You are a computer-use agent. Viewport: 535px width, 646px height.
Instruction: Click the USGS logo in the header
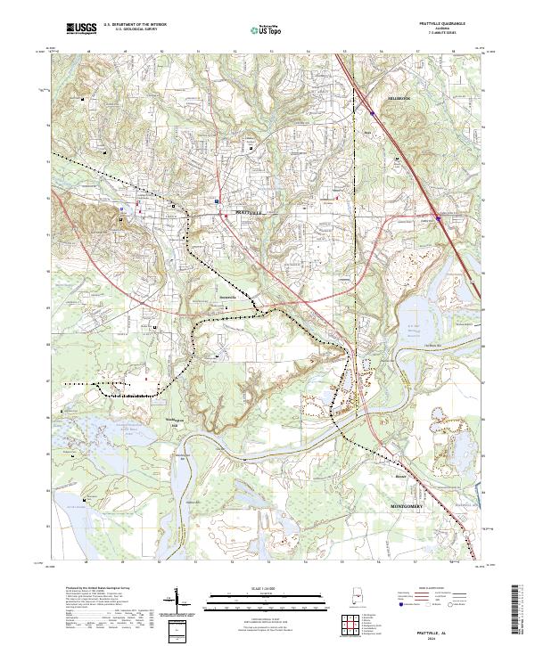pos(82,29)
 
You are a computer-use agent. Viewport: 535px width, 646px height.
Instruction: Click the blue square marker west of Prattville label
pos(139,211)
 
